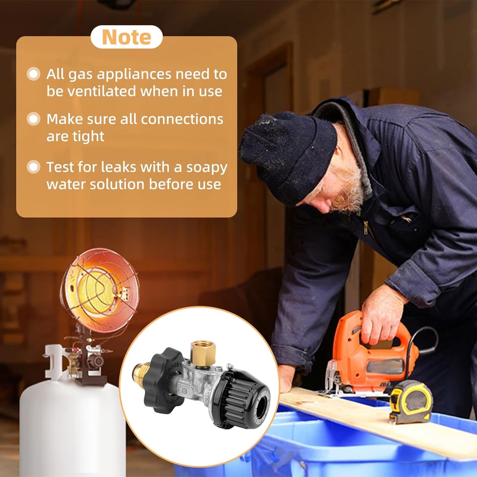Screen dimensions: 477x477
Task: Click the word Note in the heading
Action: (x=126, y=37)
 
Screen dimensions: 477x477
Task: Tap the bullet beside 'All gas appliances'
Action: (x=34, y=74)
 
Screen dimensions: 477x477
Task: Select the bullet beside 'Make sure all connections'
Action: (x=34, y=119)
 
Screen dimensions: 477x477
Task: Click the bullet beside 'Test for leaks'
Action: (x=34, y=167)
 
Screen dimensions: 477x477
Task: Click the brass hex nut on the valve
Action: (x=203, y=353)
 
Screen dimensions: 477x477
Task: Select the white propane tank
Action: (x=72, y=429)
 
